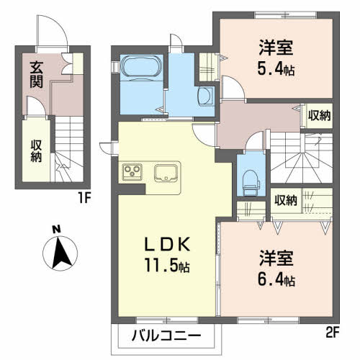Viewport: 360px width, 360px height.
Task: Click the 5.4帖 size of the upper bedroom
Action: coord(278,69)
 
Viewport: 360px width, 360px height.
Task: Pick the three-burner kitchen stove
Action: coord(132,171)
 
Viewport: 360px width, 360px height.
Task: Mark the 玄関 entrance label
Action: coord(36,74)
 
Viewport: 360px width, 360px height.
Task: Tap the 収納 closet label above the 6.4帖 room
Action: coord(286,200)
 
